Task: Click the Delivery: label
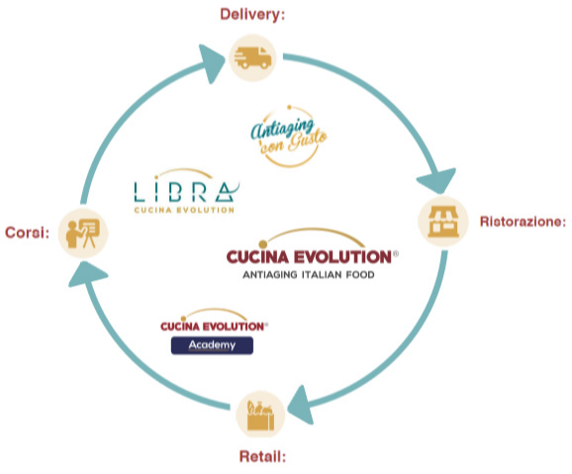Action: tap(252, 15)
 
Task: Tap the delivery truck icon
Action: tap(252, 58)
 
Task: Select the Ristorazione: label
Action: tap(523, 222)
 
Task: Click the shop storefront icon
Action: tap(443, 222)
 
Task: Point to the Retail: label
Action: tap(262, 456)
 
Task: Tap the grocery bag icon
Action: tap(260, 416)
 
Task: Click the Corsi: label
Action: tap(27, 233)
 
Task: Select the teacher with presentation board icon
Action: tap(83, 234)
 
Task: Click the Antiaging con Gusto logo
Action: tap(288, 137)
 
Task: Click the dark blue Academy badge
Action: tap(212, 345)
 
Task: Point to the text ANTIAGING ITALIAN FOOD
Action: tap(309, 274)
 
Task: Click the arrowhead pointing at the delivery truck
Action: tap(212, 62)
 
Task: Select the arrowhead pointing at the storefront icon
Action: tap(437, 180)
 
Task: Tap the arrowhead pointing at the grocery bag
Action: tap(301, 406)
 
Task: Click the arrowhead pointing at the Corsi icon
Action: tap(87, 274)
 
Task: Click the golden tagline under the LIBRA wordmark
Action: tap(184, 210)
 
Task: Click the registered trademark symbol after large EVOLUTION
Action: tap(396, 253)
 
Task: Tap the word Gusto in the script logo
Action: tap(307, 142)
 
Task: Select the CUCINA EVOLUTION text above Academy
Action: tap(214, 327)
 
